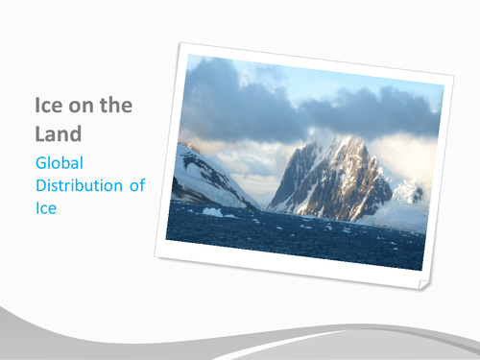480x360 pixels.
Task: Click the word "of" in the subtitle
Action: (136, 185)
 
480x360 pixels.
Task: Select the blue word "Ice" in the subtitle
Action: (46, 207)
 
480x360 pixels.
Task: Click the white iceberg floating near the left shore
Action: (212, 212)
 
